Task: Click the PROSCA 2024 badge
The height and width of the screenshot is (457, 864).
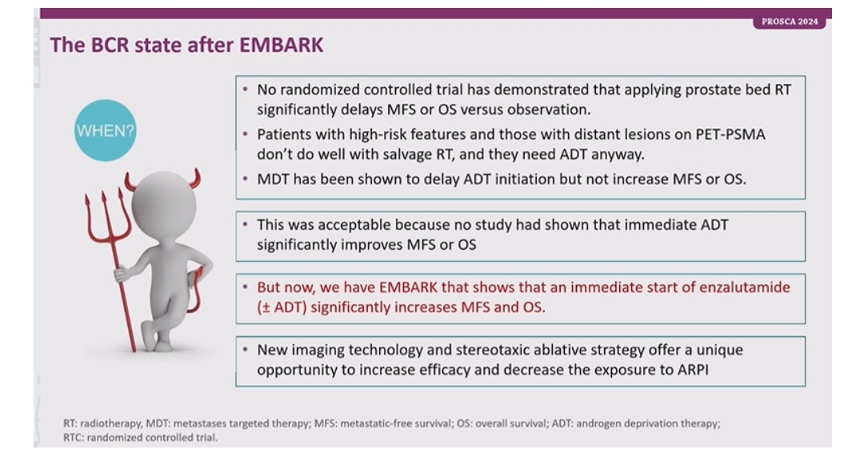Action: click(789, 22)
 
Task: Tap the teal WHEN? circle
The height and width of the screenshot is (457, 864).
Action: click(106, 130)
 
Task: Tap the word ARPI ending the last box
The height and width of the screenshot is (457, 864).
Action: click(693, 369)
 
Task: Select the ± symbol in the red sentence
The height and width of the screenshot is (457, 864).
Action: click(265, 307)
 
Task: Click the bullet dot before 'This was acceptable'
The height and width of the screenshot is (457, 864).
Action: click(246, 224)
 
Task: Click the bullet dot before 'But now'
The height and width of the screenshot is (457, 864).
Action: click(246, 287)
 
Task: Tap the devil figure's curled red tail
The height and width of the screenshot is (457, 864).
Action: click(194, 290)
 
